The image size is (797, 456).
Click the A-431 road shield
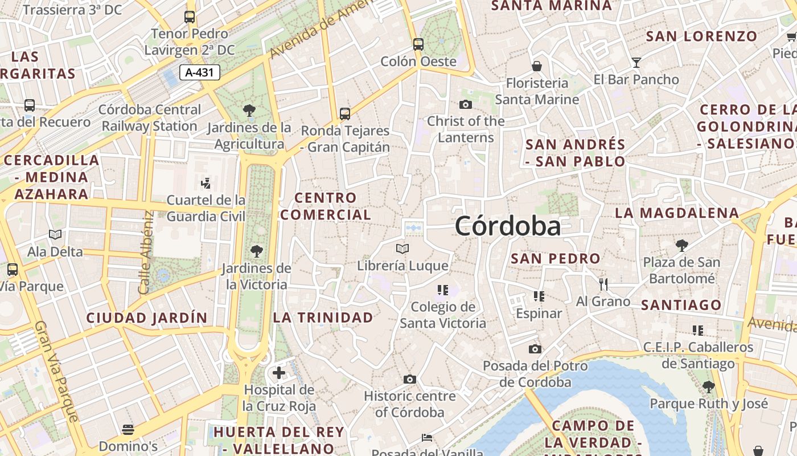click(x=199, y=72)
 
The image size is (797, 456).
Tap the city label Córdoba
click(x=507, y=226)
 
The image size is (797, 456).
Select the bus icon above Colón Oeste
click(x=418, y=44)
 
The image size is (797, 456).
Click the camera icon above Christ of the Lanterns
click(x=465, y=104)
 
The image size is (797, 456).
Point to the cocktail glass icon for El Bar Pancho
click(x=636, y=62)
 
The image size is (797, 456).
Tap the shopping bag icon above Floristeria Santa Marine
click(x=536, y=66)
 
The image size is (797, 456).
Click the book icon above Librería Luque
click(x=402, y=249)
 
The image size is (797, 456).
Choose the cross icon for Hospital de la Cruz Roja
click(x=278, y=373)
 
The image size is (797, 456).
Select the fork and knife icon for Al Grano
click(x=603, y=284)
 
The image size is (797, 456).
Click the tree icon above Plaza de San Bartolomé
click(x=681, y=246)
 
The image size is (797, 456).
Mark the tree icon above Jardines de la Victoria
click(x=256, y=251)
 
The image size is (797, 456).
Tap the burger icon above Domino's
click(x=128, y=429)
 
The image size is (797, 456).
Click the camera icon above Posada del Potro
click(x=535, y=349)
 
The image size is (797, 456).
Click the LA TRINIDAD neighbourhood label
click(x=323, y=317)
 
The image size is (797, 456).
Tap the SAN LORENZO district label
click(x=701, y=36)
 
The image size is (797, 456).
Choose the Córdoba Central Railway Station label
click(x=150, y=118)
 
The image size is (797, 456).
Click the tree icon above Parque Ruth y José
click(x=708, y=387)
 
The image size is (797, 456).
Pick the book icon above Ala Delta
click(x=55, y=234)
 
